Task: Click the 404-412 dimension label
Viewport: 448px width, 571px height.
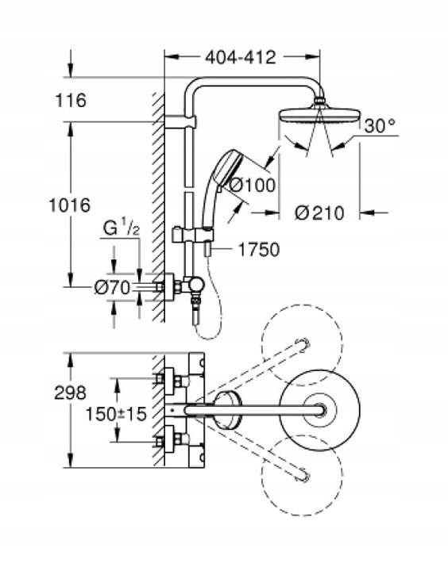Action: pyautogui.click(x=241, y=57)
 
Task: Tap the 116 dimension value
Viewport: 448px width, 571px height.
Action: pyautogui.click(x=71, y=100)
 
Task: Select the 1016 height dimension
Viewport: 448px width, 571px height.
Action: pyautogui.click(x=70, y=205)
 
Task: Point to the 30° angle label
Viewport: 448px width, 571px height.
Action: pyautogui.click(x=380, y=125)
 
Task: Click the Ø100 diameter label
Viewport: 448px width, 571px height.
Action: pyautogui.click(x=252, y=185)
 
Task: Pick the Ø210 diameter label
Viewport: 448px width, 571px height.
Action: pyautogui.click(x=319, y=213)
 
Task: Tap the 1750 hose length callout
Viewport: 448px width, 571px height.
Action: pyautogui.click(x=259, y=250)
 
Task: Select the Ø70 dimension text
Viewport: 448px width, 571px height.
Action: pyautogui.click(x=112, y=288)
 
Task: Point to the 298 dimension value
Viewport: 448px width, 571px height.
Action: pyautogui.click(x=70, y=393)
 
